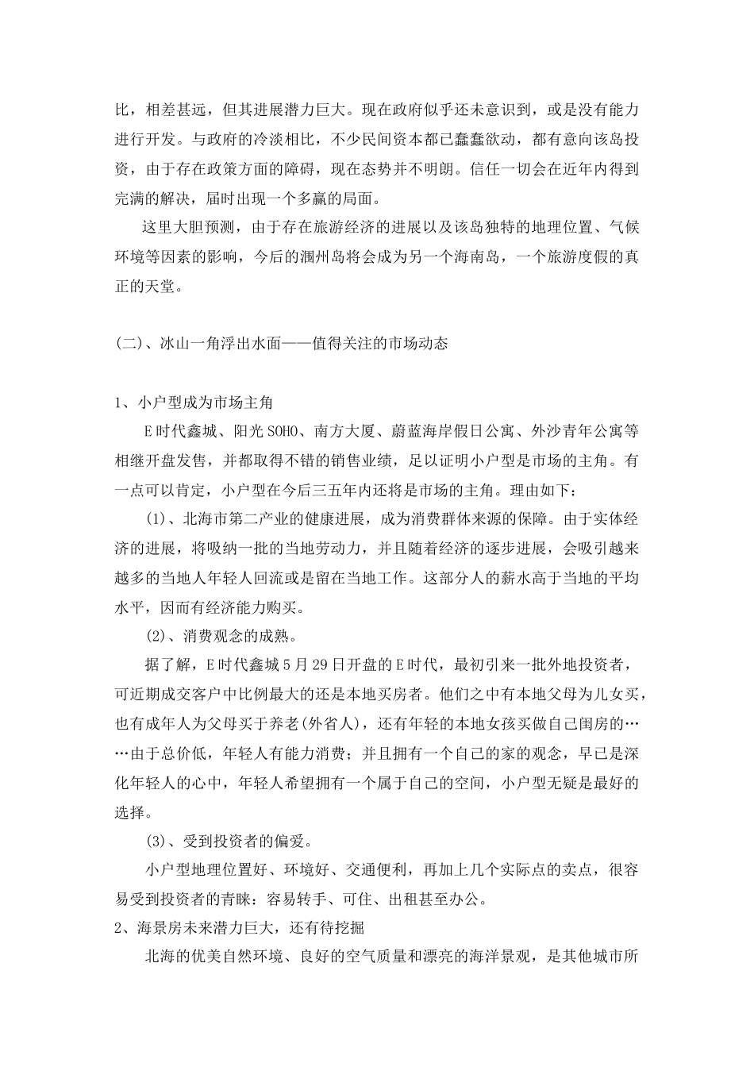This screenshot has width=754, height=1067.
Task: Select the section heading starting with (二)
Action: (282, 344)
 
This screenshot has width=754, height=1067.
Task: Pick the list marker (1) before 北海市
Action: (155, 520)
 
